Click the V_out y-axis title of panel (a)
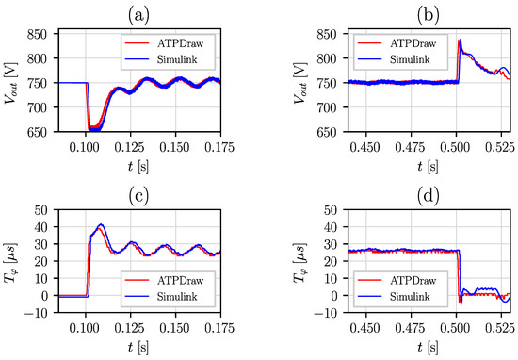21,82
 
